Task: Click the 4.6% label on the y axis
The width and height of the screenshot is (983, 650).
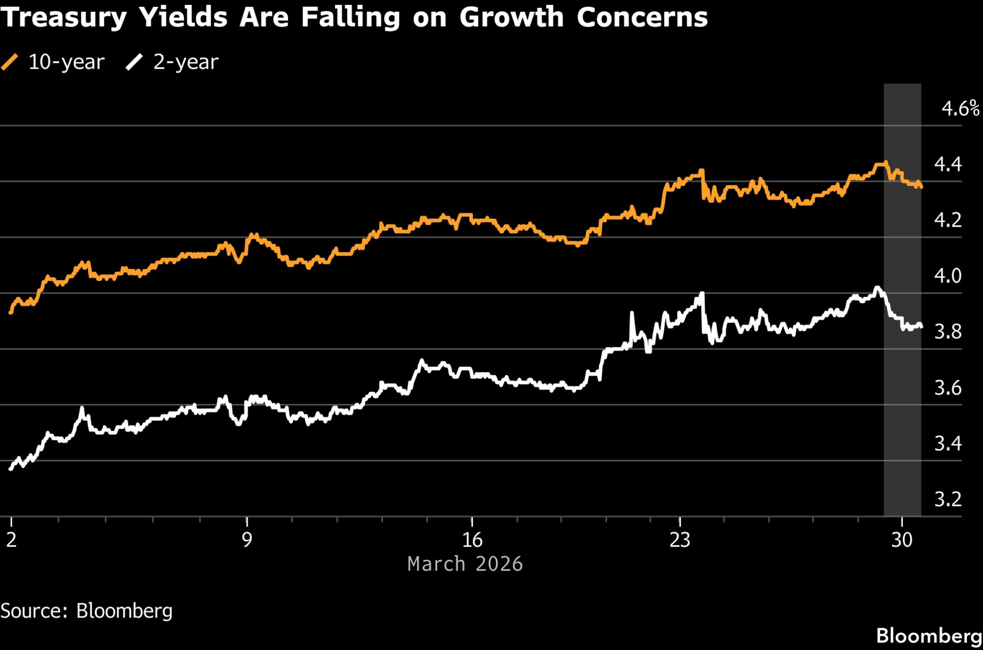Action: pyautogui.click(x=960, y=108)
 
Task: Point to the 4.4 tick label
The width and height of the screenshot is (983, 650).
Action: pyautogui.click(x=948, y=164)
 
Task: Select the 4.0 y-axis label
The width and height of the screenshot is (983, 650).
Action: pyautogui.click(x=948, y=276)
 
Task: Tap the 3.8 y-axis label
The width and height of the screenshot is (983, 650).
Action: pyautogui.click(x=948, y=332)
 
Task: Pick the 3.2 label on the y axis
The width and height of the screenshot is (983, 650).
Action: pyautogui.click(x=948, y=500)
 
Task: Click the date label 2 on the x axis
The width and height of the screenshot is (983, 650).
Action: pyautogui.click(x=11, y=540)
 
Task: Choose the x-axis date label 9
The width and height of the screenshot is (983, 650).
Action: pyautogui.click(x=247, y=540)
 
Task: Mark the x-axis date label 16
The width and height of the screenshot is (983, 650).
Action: pyautogui.click(x=472, y=540)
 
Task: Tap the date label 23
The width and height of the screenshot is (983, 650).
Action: pyautogui.click(x=680, y=540)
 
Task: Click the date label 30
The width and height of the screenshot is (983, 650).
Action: pyautogui.click(x=902, y=540)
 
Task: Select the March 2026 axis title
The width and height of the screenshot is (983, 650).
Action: pyautogui.click(x=465, y=564)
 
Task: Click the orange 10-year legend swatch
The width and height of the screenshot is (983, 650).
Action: pyautogui.click(x=10, y=62)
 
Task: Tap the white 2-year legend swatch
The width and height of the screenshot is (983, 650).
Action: pyautogui.click(x=134, y=62)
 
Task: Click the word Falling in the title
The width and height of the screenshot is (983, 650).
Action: pyautogui.click(x=350, y=18)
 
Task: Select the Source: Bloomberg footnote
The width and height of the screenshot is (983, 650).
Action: pyautogui.click(x=87, y=611)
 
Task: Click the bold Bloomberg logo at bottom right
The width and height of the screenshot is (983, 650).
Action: pyautogui.click(x=929, y=636)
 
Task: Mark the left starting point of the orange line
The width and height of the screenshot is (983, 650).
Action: pyautogui.click(x=11, y=312)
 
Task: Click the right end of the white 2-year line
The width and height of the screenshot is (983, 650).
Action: pyautogui.click(x=921, y=326)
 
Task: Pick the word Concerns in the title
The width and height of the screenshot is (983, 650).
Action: pyautogui.click(x=642, y=18)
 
